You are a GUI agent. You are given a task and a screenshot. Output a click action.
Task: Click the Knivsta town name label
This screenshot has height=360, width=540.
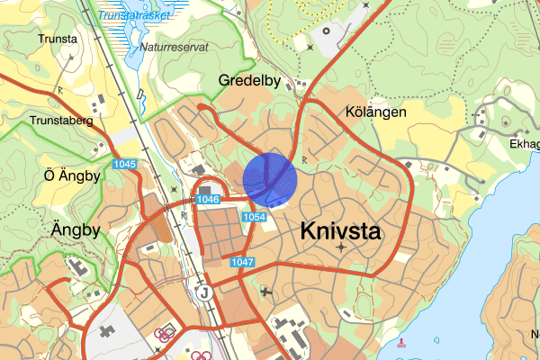pos(340,231)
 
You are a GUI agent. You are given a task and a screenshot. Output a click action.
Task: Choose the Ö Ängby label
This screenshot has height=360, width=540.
pos(71,175)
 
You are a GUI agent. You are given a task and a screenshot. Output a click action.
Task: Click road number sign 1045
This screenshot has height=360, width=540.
pos(125,164)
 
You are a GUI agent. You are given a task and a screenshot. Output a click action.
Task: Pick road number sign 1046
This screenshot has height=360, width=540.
pos(207,199)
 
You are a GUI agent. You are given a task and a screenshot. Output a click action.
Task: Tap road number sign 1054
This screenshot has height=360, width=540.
pos(255,217)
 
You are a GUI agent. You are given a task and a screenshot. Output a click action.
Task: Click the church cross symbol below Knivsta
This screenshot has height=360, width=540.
pos(341,246)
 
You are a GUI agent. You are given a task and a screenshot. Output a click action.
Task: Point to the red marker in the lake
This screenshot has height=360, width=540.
pos(401,343)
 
